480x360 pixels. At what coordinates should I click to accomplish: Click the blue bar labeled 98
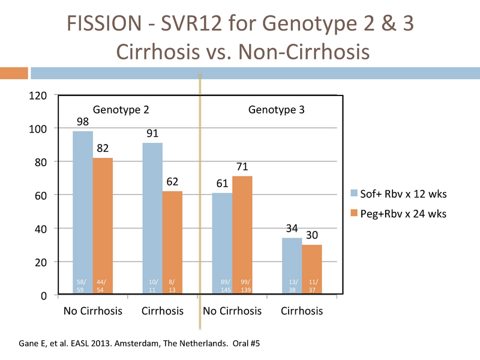[83, 212]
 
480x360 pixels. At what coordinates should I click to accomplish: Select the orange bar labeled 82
[103, 226]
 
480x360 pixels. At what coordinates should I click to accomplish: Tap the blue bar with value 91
[152, 218]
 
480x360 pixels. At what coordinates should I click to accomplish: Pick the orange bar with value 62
[172, 242]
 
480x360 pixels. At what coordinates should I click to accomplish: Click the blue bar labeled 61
[222, 244]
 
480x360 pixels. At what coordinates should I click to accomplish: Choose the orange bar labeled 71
[242, 235]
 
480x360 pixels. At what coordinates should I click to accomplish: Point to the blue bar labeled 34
[292, 266]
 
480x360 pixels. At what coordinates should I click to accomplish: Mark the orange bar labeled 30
[312, 269]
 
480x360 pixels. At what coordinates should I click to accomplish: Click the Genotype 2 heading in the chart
[121, 110]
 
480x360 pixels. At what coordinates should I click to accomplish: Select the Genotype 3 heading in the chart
[277, 110]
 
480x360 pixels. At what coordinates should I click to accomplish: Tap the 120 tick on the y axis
[38, 96]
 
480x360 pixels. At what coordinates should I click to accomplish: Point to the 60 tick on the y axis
[41, 196]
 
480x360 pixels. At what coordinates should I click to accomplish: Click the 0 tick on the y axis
[44, 296]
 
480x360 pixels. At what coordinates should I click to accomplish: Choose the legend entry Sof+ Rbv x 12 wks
[398, 194]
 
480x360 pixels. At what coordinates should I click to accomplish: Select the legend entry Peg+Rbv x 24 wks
[398, 214]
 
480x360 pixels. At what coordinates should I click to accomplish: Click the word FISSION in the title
[104, 23]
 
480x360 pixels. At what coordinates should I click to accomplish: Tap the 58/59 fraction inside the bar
[81, 286]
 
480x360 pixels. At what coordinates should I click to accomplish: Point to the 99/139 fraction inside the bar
[245, 286]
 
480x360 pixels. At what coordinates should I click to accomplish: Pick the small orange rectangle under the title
[14, 73]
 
